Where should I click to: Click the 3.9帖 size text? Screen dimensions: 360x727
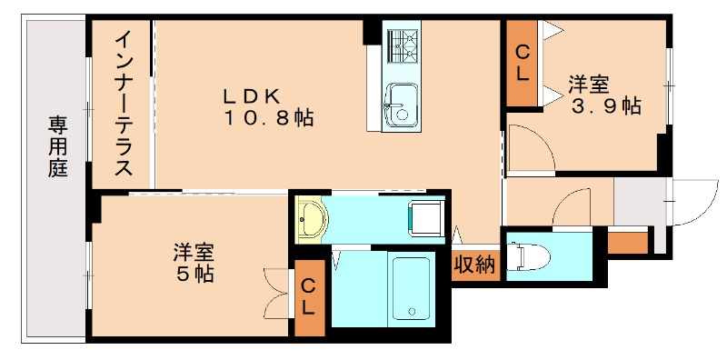tap(605, 106)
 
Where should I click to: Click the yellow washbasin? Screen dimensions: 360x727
tap(312, 219)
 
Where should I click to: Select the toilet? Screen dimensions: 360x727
tap(526, 256)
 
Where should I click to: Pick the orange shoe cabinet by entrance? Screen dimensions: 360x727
tap(626, 243)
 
